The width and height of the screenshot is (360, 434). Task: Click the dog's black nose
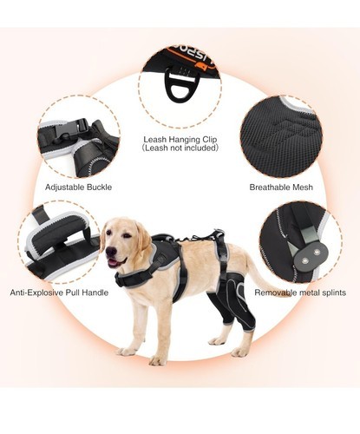point(111,251)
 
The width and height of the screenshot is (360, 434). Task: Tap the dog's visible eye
point(126,235)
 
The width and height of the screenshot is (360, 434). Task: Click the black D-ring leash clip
point(180,85)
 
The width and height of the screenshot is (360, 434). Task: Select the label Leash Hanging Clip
point(180,140)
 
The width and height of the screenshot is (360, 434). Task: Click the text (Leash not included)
point(180,148)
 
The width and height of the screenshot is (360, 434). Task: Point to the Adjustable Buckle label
point(78,187)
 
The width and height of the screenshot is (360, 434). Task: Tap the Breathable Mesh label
point(281,187)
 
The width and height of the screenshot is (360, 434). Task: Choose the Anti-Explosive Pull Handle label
point(59,293)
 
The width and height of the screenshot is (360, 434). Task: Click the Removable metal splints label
point(300,293)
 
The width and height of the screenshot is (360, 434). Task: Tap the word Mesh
point(303,187)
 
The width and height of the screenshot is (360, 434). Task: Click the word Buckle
point(100,187)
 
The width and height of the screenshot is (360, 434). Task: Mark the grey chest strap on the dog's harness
point(135,276)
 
